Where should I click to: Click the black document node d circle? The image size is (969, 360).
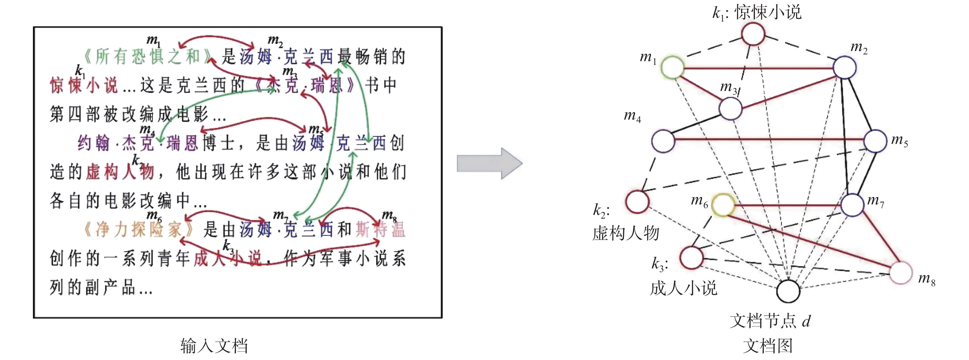click(788, 291)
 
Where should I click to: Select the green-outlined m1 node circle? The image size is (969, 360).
click(672, 67)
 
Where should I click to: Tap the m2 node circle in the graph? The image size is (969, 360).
click(844, 68)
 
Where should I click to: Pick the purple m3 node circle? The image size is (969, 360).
click(730, 109)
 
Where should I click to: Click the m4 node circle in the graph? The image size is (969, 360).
click(663, 141)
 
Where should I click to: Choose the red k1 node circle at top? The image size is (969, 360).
click(753, 34)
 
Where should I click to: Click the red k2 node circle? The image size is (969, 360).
click(637, 201)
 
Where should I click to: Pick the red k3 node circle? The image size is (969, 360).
click(692, 258)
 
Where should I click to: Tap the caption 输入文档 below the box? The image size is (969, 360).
click(214, 346)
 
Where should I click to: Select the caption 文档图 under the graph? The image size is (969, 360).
click(768, 346)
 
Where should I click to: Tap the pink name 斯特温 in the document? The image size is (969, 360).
click(380, 230)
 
